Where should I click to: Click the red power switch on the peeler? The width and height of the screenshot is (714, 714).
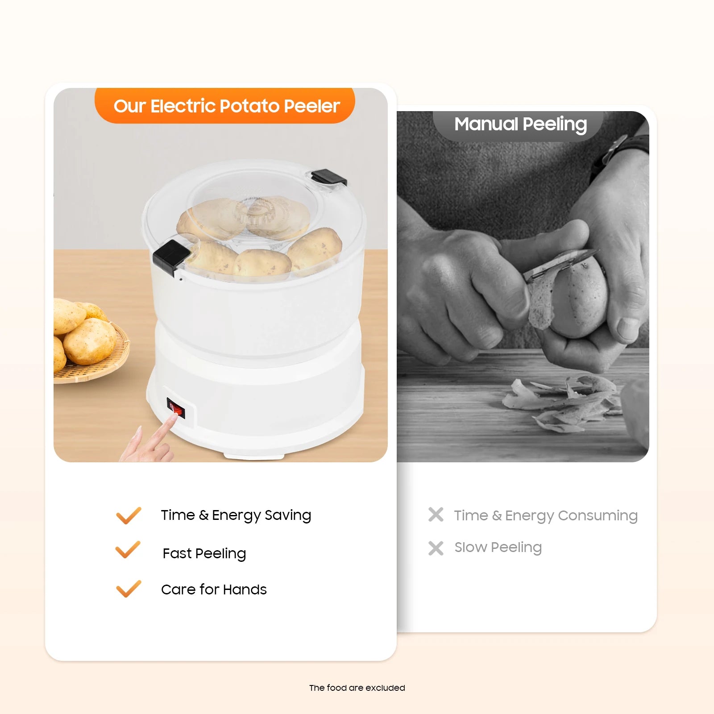point(176,408)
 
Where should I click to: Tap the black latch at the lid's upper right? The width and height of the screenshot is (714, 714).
point(329,178)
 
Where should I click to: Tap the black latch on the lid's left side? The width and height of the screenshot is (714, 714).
point(171,257)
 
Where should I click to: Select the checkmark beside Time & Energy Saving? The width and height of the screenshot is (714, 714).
point(129,515)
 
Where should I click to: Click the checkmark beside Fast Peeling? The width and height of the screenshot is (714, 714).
point(128,550)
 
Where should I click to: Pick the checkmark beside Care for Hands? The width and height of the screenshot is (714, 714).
point(129,589)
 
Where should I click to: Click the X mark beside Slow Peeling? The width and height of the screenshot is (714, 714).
point(436,548)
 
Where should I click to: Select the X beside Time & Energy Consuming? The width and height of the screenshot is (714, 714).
point(436,515)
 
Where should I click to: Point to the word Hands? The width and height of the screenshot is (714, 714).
point(245,589)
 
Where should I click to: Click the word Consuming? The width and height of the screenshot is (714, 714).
point(598,516)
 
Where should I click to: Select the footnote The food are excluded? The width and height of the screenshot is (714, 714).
point(357,688)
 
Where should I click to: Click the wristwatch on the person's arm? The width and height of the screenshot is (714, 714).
point(620,154)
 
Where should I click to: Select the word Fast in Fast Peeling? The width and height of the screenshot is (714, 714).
point(177,553)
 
